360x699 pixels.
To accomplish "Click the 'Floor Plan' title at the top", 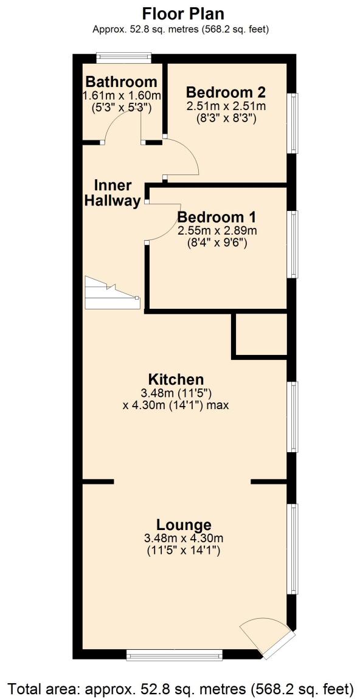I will tap(180, 13).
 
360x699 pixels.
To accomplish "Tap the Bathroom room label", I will tap(121, 82).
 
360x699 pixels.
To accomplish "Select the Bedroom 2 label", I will tap(226, 92).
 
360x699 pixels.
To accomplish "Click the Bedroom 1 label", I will tap(216, 217).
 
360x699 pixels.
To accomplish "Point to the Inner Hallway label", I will tap(112, 193).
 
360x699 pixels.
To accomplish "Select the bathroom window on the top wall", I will tap(124, 57).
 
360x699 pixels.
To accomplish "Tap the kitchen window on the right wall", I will tap(293, 416).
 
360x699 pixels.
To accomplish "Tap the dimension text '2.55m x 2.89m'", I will tap(217, 231).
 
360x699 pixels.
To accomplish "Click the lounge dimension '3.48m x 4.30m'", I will tap(183, 538).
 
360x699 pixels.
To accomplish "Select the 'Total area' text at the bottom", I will tap(180, 689).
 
